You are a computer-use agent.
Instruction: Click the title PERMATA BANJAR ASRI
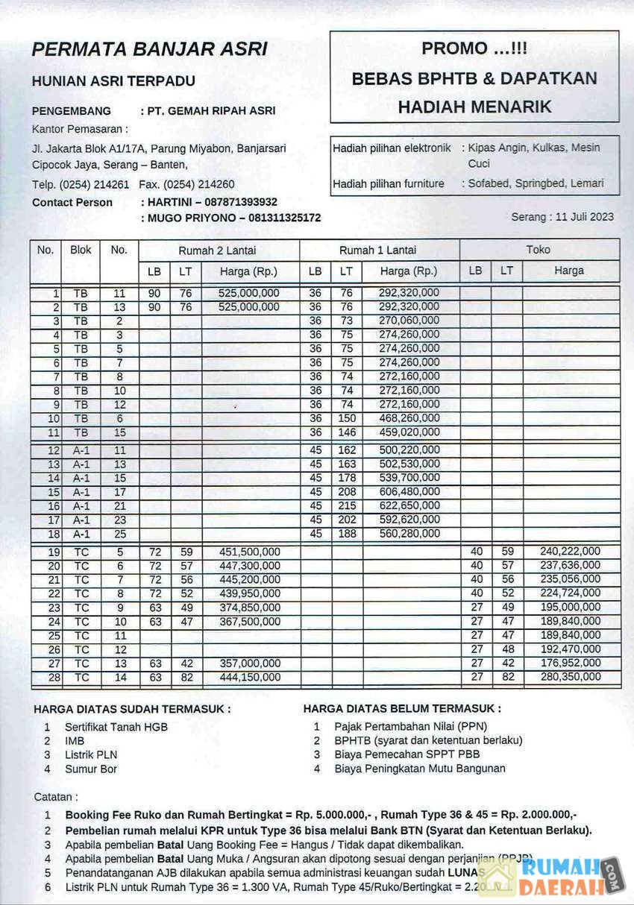pyautogui.click(x=149, y=50)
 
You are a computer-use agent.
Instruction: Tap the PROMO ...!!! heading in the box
pyautogui.click(x=474, y=48)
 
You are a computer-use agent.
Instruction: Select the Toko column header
pyautogui.click(x=538, y=250)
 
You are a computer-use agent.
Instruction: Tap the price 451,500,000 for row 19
pyautogui.click(x=250, y=552)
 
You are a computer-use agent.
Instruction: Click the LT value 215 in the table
pyautogui.click(x=346, y=505)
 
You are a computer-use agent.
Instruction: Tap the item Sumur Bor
pyautogui.click(x=91, y=769)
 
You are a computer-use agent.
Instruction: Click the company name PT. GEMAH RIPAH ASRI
pyautogui.click(x=211, y=110)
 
